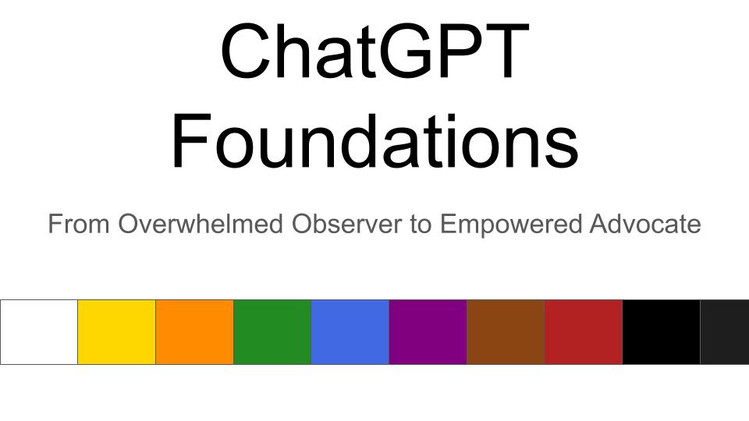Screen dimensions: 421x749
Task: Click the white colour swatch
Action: click(39, 331)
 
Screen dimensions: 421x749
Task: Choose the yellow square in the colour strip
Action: click(117, 331)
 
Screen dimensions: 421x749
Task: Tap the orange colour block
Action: click(195, 331)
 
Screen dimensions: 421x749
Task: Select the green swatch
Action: click(272, 331)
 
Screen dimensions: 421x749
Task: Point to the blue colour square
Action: click(350, 331)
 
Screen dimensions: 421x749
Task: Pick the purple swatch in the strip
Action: click(428, 331)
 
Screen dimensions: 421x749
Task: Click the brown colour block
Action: click(506, 331)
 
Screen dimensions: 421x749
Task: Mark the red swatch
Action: click(584, 331)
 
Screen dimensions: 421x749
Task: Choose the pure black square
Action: click(661, 331)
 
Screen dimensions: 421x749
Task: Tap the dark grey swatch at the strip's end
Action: click(725, 331)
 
